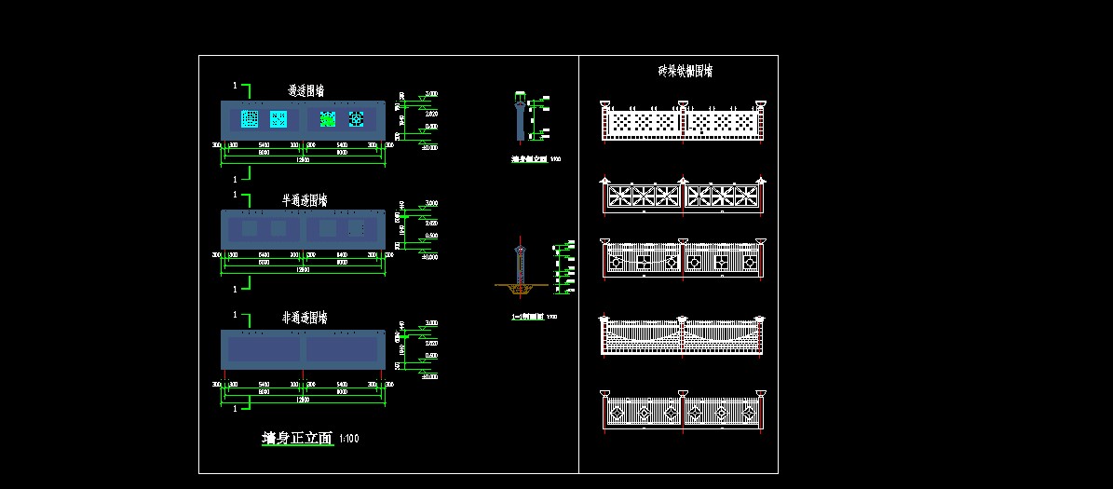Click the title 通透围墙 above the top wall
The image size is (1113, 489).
306,91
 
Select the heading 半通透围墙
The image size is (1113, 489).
304,200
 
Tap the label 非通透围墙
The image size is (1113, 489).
304,319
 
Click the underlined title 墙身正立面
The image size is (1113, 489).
297,439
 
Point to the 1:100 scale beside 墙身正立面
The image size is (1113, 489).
349,439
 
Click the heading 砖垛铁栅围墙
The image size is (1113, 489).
685,71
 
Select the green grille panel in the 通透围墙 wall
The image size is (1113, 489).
328,119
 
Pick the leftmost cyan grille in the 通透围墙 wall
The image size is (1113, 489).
250,119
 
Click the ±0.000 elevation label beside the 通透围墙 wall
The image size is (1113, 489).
430,146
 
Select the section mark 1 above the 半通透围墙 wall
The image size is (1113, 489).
235,195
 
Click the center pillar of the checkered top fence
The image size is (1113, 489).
683,121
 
